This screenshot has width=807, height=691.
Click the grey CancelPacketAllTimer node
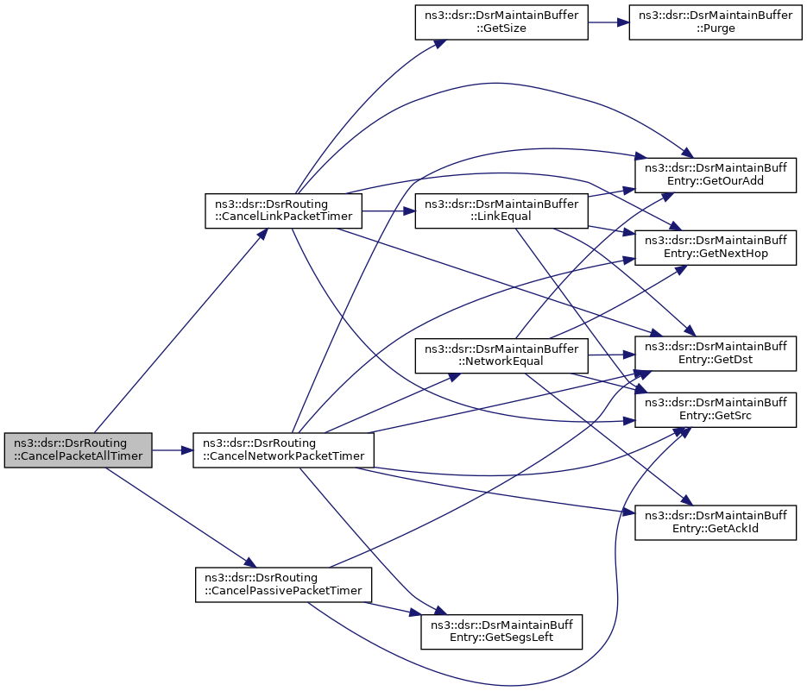click(x=79, y=450)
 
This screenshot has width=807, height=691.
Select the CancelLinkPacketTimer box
click(x=284, y=211)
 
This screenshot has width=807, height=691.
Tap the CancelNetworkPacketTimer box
click(x=284, y=450)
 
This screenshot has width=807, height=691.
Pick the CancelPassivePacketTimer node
click(x=284, y=585)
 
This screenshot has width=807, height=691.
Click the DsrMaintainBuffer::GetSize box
click(x=501, y=22)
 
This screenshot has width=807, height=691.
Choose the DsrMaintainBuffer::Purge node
click(x=716, y=22)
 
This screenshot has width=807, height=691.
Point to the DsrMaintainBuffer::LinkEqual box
click(x=501, y=211)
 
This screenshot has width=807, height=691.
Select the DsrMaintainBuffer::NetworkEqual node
click(x=501, y=355)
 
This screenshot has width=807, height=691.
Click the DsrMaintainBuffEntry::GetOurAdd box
click(x=716, y=175)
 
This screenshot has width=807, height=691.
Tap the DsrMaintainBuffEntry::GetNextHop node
click(x=716, y=248)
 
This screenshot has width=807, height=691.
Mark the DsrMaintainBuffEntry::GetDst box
click(x=716, y=353)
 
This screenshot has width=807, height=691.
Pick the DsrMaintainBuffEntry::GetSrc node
click(x=716, y=410)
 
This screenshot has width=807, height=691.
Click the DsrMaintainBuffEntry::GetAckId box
click(x=716, y=522)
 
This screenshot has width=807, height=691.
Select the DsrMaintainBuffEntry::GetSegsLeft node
click(x=501, y=631)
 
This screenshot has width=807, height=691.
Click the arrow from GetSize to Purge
click(x=608, y=22)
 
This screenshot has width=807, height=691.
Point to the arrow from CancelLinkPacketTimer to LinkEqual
click(x=388, y=211)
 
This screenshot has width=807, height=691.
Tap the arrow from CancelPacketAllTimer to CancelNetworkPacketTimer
click(x=173, y=450)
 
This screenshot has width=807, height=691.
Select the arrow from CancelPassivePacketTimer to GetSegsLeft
click(x=393, y=607)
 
